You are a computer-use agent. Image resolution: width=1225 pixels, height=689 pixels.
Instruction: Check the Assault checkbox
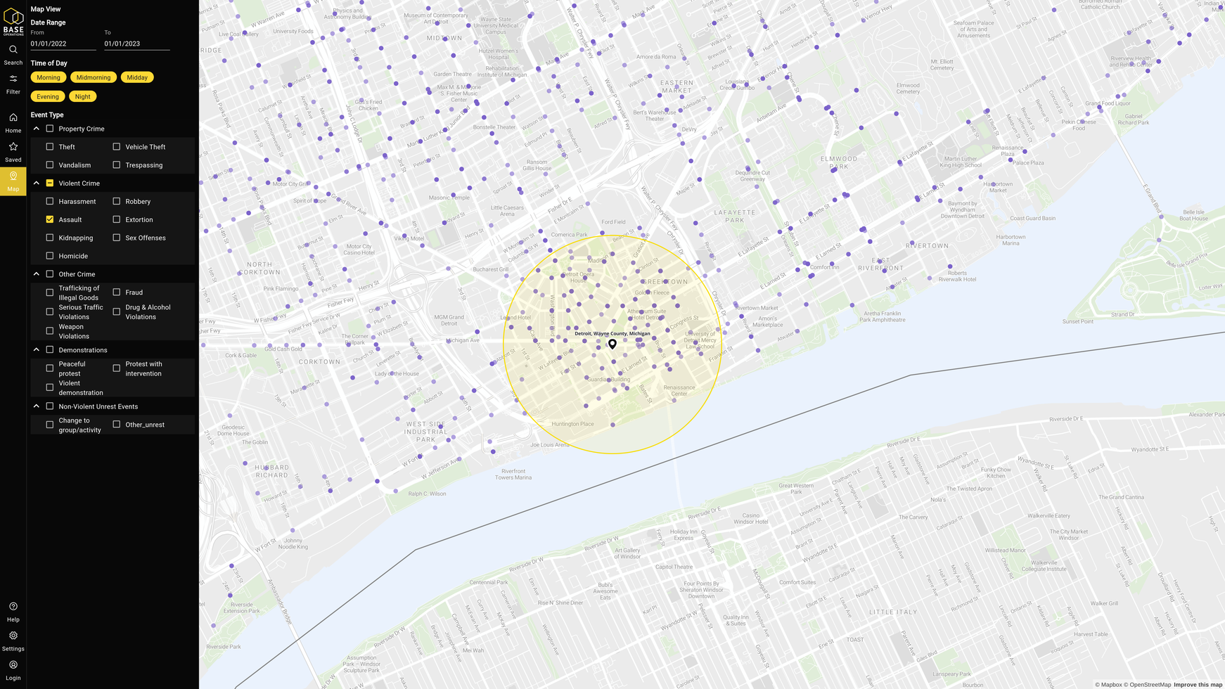point(50,219)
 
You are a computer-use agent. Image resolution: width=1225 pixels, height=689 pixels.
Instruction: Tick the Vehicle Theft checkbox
point(117,147)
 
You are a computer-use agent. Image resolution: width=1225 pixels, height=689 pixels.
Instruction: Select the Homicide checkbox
point(50,256)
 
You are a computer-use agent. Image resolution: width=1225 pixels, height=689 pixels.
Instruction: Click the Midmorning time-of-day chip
point(94,77)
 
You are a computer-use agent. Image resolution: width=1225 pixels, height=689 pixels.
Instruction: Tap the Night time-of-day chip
point(83,96)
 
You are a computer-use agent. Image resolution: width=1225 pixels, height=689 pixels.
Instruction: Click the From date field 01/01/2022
point(63,44)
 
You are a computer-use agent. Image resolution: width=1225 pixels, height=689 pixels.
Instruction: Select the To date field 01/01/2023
point(136,44)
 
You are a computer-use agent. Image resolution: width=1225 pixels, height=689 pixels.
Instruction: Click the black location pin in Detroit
point(612,344)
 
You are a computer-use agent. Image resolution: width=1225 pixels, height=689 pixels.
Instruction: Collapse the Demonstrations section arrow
point(37,349)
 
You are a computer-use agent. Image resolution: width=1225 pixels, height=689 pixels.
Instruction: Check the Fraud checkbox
point(117,292)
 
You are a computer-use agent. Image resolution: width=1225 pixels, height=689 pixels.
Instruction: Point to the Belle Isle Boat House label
point(1193,215)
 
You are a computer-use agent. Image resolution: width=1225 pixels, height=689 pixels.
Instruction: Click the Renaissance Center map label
point(679,390)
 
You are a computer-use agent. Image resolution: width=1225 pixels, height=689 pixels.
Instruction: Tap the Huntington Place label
point(572,424)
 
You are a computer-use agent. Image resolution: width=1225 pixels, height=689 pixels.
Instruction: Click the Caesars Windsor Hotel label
point(750,518)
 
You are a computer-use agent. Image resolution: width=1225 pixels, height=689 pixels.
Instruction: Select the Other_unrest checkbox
point(117,425)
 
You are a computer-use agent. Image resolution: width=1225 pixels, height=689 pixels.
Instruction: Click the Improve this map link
point(1198,685)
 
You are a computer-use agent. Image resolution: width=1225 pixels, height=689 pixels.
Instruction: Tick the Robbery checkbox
point(117,202)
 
